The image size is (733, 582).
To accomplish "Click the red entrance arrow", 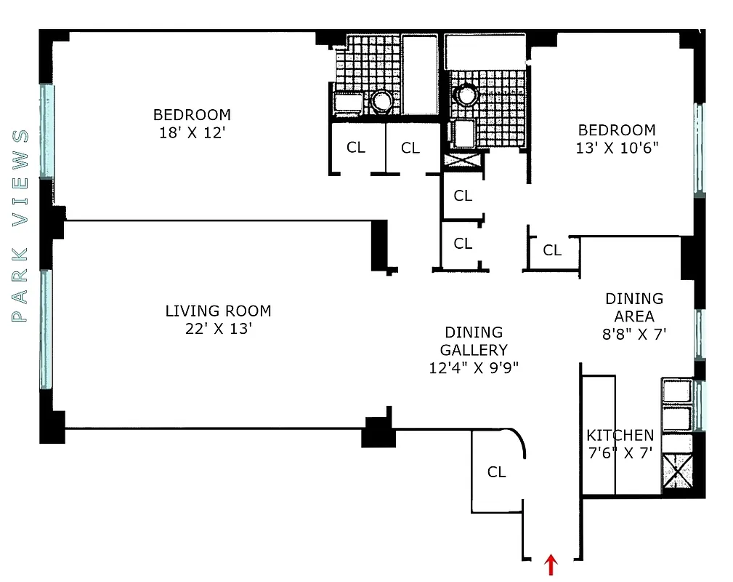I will pyautogui.click(x=551, y=565).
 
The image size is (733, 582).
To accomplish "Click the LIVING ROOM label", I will pyautogui.click(x=218, y=311).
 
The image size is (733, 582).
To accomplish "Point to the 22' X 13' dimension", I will pyautogui.click(x=218, y=329).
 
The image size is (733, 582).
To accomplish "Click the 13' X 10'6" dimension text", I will pyautogui.click(x=616, y=149).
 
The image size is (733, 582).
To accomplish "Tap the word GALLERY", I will pyautogui.click(x=474, y=350).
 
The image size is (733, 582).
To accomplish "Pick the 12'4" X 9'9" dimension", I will pyautogui.click(x=473, y=368).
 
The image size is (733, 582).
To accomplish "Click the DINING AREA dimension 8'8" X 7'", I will pyautogui.click(x=634, y=335).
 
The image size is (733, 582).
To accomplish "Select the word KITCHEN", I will pyautogui.click(x=620, y=435).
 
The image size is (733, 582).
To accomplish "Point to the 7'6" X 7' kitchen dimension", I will pyautogui.click(x=620, y=453).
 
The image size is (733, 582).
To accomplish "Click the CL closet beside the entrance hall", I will pyautogui.click(x=496, y=472).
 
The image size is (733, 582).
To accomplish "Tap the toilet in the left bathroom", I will pyautogui.click(x=382, y=100).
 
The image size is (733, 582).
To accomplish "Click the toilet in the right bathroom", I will pyautogui.click(x=465, y=94).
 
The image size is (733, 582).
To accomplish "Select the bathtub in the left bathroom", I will pyautogui.click(x=420, y=75).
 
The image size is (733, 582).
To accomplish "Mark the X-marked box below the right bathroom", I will pyautogui.click(x=463, y=159).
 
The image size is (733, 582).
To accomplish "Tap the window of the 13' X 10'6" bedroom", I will pyautogui.click(x=699, y=149).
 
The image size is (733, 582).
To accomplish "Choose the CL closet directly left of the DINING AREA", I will pyautogui.click(x=552, y=250).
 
